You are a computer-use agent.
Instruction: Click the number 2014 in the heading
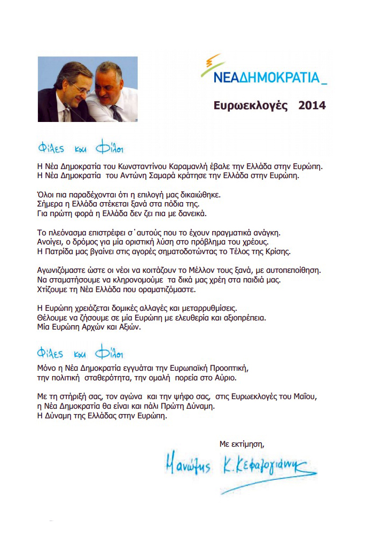[x=312, y=105]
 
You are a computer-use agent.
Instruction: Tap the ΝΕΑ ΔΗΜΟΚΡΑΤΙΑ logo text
[x=263, y=78]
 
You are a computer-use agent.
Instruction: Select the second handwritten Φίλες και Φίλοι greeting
[x=81, y=354]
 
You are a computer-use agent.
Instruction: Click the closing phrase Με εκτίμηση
[x=242, y=444]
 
